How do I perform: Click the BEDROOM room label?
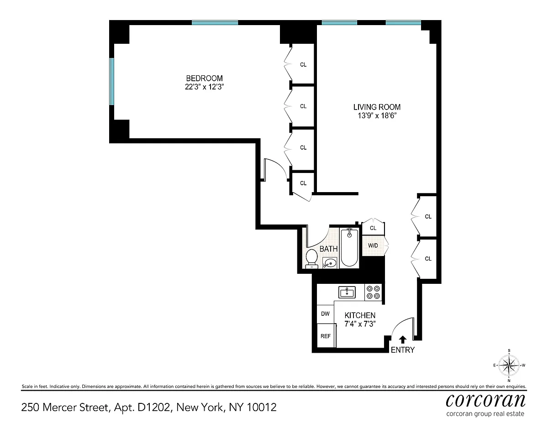click(x=204, y=78)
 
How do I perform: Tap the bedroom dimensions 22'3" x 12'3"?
click(x=204, y=87)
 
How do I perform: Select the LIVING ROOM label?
click(x=377, y=107)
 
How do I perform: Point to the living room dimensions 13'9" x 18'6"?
click(x=377, y=115)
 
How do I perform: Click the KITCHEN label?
click(x=360, y=315)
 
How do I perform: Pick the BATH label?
click(x=328, y=249)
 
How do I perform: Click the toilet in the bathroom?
click(x=312, y=259)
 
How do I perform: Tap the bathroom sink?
click(x=330, y=263)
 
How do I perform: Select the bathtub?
click(x=349, y=247)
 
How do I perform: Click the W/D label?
click(x=373, y=245)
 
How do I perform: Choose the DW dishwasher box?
click(x=325, y=314)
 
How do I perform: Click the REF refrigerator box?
click(x=326, y=336)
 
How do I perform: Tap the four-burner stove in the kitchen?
click(x=373, y=292)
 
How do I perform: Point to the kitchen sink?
click(x=347, y=292)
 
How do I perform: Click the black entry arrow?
click(x=403, y=339)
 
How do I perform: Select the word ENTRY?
click(x=402, y=350)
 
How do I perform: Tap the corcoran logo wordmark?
click(x=485, y=401)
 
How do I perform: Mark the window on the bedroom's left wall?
click(x=112, y=81)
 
